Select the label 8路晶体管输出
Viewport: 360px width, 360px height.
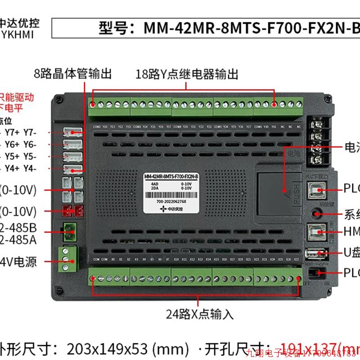click(72, 73)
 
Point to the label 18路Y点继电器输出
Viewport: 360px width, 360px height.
click(187, 74)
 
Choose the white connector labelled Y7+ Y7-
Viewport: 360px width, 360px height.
click(74, 133)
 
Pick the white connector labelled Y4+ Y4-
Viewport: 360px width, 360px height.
click(74, 169)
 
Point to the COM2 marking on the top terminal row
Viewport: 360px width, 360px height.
click(96, 126)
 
